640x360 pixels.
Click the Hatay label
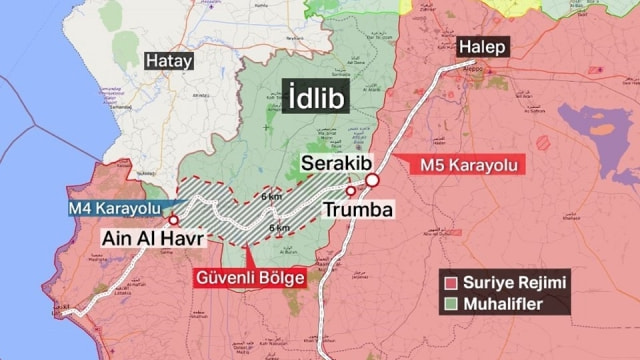(x=169, y=61)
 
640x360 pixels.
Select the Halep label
(x=484, y=48)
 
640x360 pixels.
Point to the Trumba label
(x=359, y=210)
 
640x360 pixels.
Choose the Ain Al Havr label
(x=152, y=240)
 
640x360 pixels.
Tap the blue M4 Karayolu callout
(x=114, y=208)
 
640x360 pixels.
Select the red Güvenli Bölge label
(x=247, y=277)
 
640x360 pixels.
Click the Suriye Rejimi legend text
(x=518, y=283)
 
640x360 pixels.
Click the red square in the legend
(x=452, y=283)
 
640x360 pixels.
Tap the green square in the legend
(x=452, y=303)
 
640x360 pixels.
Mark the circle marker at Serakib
(x=372, y=180)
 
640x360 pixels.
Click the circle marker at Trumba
(x=350, y=190)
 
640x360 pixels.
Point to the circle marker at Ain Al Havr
(x=173, y=220)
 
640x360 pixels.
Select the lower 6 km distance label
(x=279, y=228)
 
